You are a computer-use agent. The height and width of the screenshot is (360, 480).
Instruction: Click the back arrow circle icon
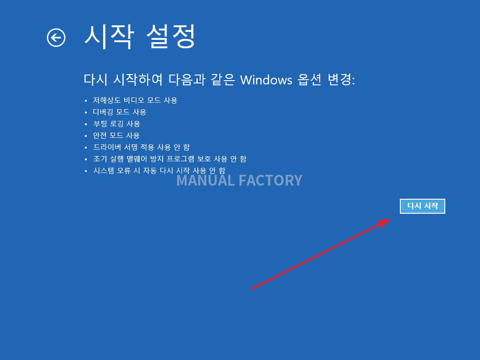point(56,37)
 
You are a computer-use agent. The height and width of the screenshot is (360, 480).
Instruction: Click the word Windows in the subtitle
point(266,80)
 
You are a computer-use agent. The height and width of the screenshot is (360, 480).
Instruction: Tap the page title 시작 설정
point(140,37)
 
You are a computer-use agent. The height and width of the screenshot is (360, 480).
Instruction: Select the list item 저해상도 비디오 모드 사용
point(135,100)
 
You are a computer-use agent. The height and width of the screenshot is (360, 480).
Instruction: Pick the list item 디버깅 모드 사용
point(120,112)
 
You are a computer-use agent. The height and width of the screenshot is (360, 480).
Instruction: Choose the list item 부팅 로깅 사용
point(117,124)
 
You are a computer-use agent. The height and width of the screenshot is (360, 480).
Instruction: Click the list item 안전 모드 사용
point(116,135)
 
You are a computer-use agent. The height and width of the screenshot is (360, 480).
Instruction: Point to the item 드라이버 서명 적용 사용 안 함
point(142,147)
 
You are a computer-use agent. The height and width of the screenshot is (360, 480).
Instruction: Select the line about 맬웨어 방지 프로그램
point(170,159)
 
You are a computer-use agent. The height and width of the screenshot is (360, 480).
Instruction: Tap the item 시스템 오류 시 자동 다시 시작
point(159,171)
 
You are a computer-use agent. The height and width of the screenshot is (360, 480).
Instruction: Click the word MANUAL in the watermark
point(205,180)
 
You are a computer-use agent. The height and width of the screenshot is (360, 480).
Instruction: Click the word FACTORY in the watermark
point(270,180)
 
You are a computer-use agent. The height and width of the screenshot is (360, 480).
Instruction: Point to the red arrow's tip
point(391,218)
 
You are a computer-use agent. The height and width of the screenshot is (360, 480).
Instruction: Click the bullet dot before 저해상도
point(86,101)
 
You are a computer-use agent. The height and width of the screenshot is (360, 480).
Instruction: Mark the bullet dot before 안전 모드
point(86,136)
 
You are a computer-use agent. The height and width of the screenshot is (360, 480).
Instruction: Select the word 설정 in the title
point(171,37)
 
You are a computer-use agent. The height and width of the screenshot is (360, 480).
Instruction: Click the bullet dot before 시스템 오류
point(86,171)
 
